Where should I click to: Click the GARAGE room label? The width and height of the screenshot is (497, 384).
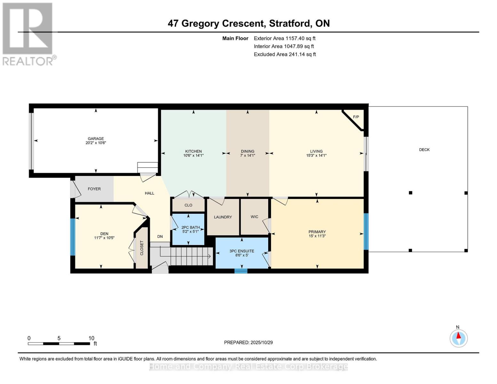click(x=96, y=139)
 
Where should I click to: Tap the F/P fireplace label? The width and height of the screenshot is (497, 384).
click(x=356, y=117)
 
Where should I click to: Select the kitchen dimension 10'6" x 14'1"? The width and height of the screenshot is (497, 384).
click(x=193, y=156)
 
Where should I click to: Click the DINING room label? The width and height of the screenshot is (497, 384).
click(x=247, y=151)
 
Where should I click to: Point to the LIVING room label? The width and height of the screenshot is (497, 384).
click(x=316, y=151)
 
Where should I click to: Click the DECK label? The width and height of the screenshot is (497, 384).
click(x=424, y=149)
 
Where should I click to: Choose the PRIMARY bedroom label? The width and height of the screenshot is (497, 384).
click(x=317, y=232)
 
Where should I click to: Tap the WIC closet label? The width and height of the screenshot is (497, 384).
click(x=254, y=217)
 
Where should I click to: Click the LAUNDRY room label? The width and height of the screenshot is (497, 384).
click(x=223, y=217)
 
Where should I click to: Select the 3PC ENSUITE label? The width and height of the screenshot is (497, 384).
click(x=242, y=251)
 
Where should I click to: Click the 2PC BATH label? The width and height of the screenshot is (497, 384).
click(x=190, y=228)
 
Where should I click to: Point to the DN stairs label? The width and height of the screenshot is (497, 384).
click(x=160, y=236)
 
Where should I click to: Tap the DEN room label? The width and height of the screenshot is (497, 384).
click(x=104, y=234)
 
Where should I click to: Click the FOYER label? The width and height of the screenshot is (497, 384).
click(x=94, y=189)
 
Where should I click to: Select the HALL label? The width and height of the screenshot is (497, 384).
click(x=149, y=193)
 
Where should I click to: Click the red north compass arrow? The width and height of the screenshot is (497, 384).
click(x=459, y=336)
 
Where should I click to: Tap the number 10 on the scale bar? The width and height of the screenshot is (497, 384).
click(x=92, y=338)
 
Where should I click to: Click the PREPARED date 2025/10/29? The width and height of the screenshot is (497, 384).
click(x=261, y=342)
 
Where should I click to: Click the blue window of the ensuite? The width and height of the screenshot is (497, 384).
click(x=241, y=271)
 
